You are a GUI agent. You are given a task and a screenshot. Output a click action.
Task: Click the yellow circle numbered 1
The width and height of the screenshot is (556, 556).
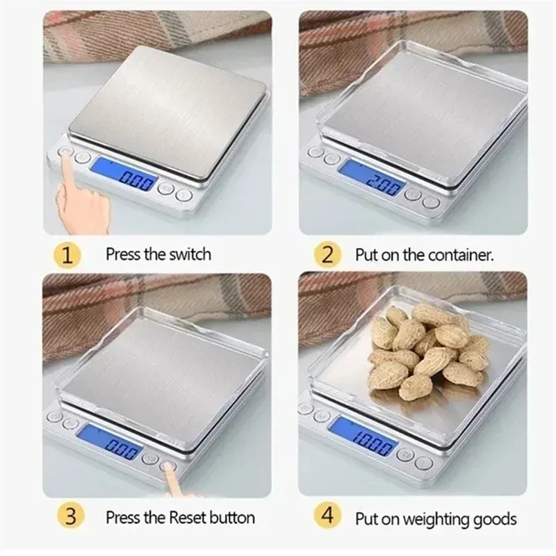pos(67,255)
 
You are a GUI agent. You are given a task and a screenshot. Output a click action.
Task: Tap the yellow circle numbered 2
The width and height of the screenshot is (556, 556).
pos(327,254)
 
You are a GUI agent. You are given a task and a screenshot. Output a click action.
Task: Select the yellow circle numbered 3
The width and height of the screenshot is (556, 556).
pos(71,516)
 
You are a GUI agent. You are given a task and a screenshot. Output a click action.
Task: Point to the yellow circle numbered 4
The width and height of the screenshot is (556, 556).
pos(327,515)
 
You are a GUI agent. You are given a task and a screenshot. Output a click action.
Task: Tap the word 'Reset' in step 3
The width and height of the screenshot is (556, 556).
pos(187,518)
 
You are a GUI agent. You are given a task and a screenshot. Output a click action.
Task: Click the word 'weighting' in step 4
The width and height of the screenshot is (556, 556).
pos(437,520)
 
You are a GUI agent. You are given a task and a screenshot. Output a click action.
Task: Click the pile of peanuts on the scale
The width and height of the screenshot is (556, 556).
pos(428,350)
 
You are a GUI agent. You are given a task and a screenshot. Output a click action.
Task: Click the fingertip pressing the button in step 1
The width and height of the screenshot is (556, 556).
pos(65,155)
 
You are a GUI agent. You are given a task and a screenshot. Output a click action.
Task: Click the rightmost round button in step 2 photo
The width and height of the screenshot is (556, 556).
pos(431,202)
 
